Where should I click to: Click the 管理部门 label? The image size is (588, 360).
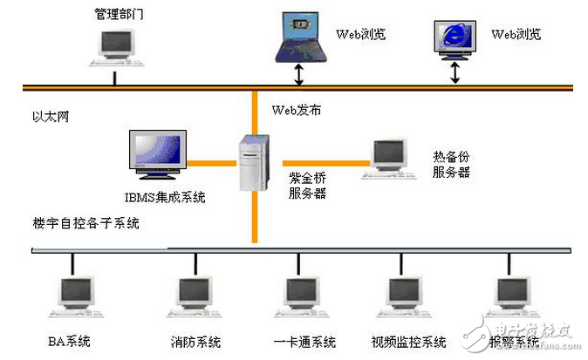click(x=120, y=14)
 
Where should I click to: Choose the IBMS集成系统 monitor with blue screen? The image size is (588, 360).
click(x=157, y=157)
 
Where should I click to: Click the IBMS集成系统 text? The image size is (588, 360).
click(x=164, y=197)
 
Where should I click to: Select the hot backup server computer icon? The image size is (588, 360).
click(x=386, y=160)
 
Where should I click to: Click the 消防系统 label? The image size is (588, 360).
click(x=196, y=340)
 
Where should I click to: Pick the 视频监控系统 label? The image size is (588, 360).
click(x=408, y=340)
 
